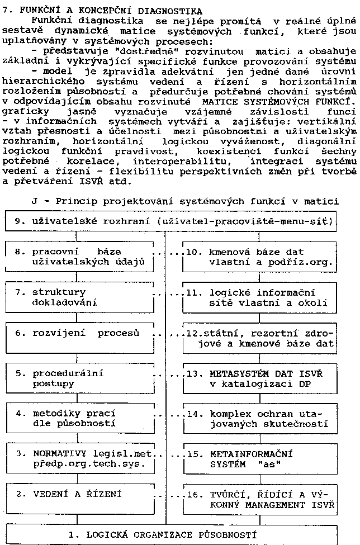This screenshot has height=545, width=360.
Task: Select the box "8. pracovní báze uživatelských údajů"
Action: pyautogui.click(x=83, y=257)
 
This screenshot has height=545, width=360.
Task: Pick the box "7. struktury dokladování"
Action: pyautogui.click(x=83, y=297)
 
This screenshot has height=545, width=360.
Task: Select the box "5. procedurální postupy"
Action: pyautogui.click(x=83, y=378)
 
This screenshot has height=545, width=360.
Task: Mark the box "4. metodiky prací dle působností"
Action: pyautogui.click(x=83, y=419)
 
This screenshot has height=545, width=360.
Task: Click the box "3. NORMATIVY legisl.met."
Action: pyautogui.click(x=83, y=459)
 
